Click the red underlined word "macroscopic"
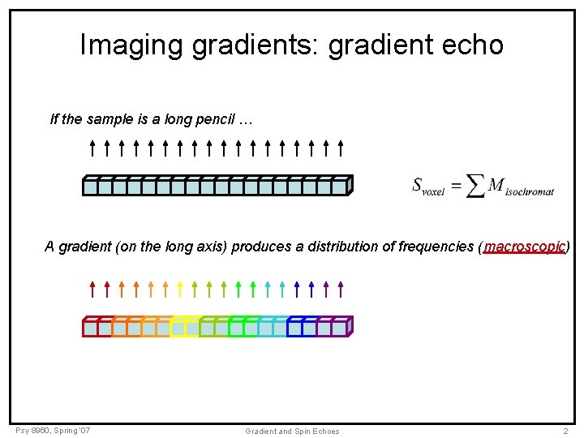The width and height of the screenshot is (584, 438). [x=524, y=247]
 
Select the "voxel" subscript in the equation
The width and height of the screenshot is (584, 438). [x=433, y=192]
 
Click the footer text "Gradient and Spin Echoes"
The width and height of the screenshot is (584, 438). [x=292, y=431]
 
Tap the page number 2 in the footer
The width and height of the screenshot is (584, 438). [x=565, y=431]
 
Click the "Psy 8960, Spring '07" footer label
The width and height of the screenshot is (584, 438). [x=53, y=430]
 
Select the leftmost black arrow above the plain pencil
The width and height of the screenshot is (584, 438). [x=92, y=148]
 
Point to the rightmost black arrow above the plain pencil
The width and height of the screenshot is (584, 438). [x=341, y=148]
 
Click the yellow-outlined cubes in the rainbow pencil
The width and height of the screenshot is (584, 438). [x=185, y=327]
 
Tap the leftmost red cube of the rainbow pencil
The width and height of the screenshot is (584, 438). [x=90, y=328]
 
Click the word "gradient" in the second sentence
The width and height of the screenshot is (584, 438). [x=84, y=247]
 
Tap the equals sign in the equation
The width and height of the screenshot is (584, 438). [x=456, y=186]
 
